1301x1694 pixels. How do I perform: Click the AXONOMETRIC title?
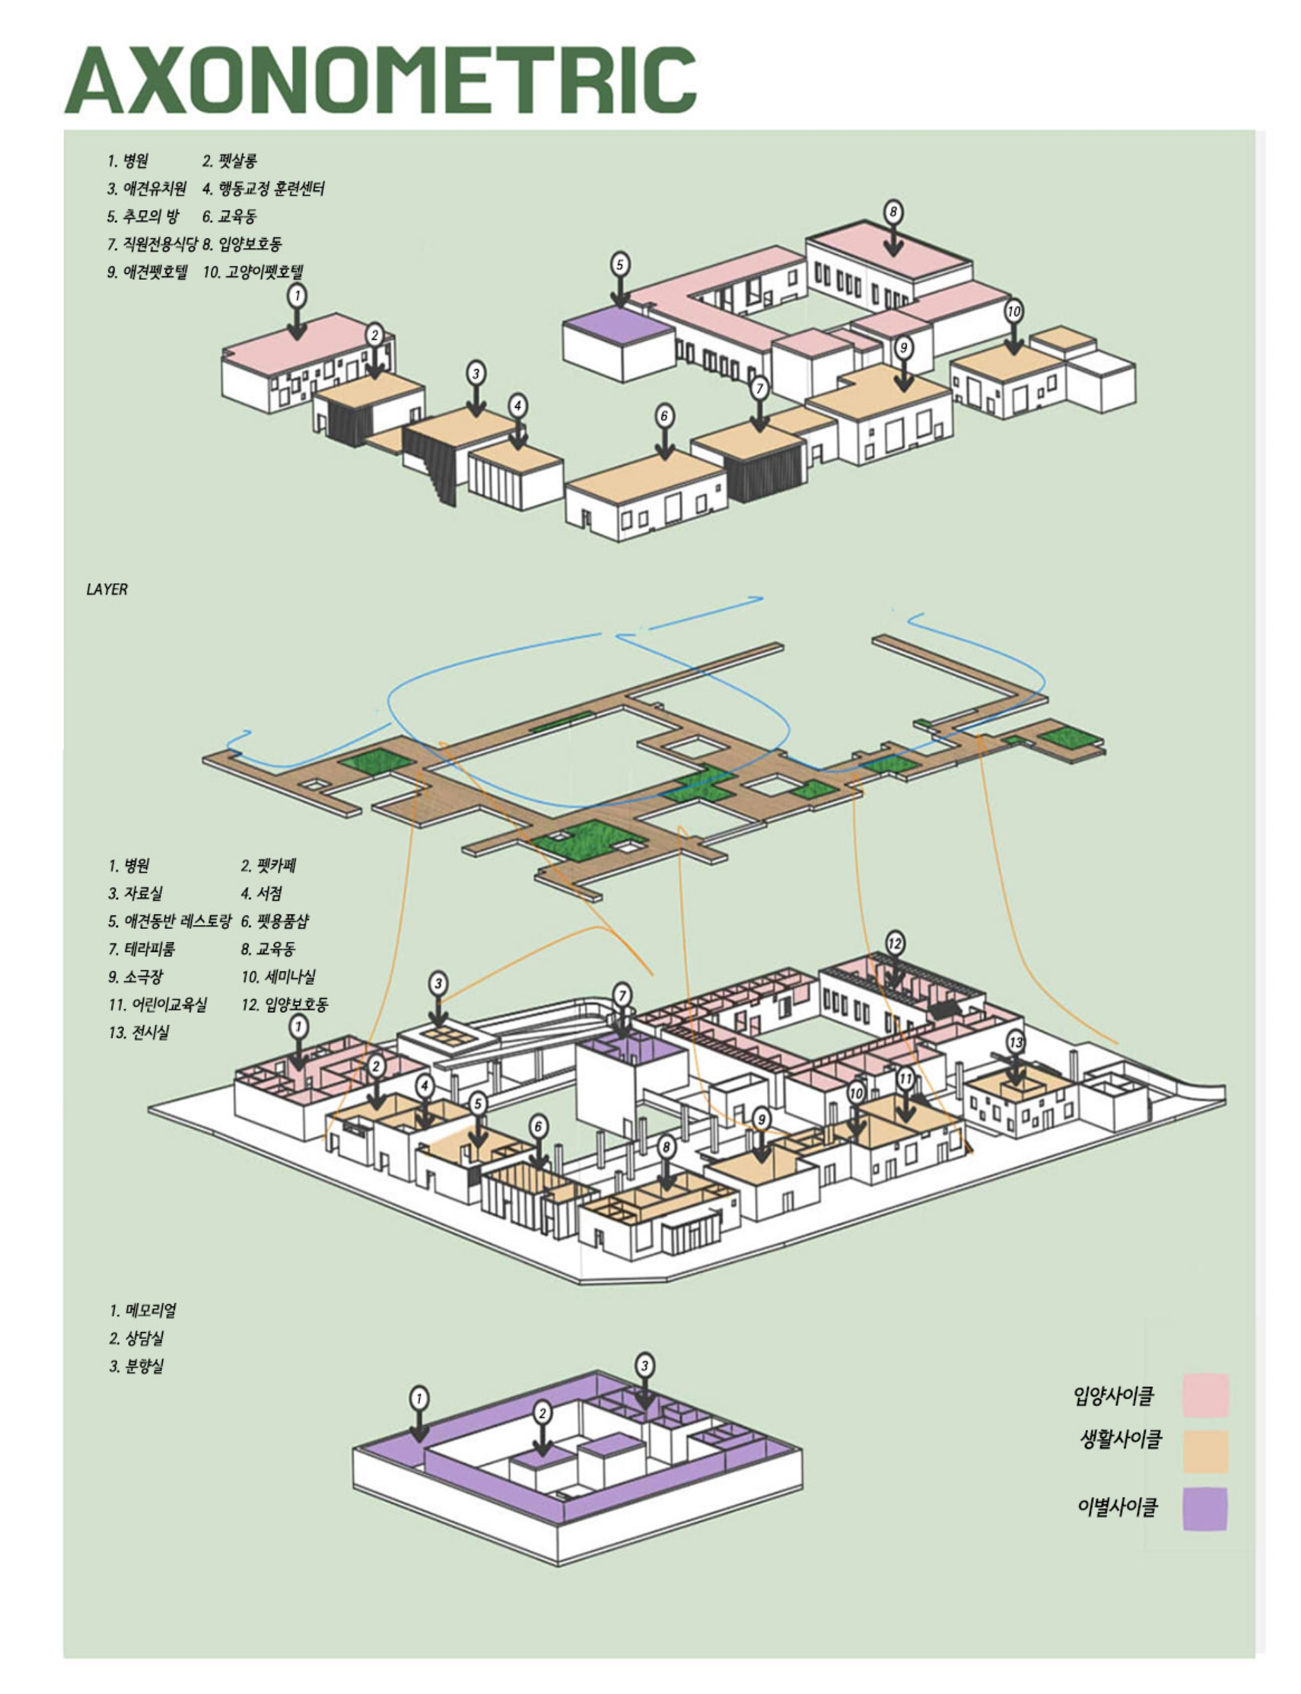point(380,80)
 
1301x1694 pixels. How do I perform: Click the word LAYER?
point(107,590)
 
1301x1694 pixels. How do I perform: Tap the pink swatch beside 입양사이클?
point(1205,1395)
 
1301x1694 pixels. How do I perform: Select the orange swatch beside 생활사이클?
point(1205,1451)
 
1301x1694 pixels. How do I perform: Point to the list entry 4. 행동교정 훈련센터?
point(264,188)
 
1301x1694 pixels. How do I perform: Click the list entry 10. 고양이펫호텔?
point(253,272)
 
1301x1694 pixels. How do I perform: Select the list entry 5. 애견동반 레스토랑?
point(169,921)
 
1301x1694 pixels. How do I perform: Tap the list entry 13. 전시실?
point(139,1032)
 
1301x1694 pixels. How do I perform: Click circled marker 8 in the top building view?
point(893,212)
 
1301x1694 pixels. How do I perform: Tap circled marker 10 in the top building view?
point(1014,311)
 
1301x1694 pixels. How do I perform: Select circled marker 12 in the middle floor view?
point(894,944)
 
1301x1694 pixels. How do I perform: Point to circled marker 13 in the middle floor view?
point(1015,1043)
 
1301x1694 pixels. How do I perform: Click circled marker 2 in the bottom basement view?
point(542,1413)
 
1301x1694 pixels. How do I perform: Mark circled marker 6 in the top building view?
point(663,416)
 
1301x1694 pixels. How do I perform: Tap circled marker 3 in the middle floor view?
point(438,984)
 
